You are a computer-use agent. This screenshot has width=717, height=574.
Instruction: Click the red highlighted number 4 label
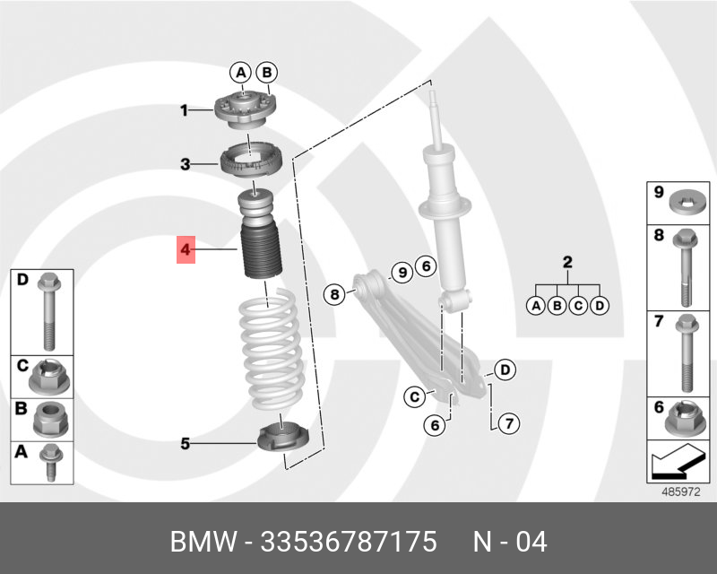pyautogui.click(x=186, y=249)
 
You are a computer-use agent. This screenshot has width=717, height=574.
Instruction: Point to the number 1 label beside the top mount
pyautogui.click(x=184, y=111)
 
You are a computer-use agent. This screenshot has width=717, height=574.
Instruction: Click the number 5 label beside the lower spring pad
pyautogui.click(x=185, y=442)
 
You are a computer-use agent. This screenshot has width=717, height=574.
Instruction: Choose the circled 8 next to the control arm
pyautogui.click(x=333, y=293)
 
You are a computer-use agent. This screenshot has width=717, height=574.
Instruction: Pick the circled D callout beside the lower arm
pyautogui.click(x=505, y=369)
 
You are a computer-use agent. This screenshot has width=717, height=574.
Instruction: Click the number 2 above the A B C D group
pyautogui.click(x=566, y=263)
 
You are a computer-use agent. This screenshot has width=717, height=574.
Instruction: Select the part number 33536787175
pyautogui.click(x=348, y=542)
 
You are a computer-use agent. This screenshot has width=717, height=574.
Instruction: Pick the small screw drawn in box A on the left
pyautogui.click(x=50, y=463)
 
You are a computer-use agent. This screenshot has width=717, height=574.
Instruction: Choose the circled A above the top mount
pyautogui.click(x=240, y=72)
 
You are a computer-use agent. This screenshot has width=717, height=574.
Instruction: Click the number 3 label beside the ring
pyautogui.click(x=185, y=164)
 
